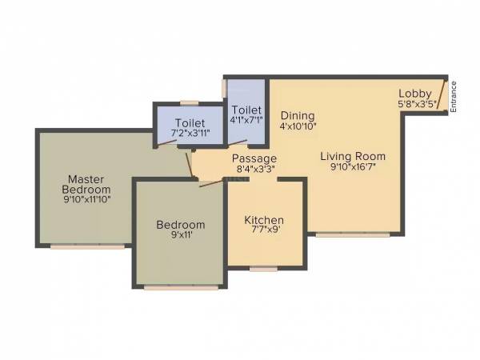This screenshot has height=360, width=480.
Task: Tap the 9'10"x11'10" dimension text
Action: click(x=87, y=200)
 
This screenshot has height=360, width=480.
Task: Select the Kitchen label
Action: click(x=264, y=220)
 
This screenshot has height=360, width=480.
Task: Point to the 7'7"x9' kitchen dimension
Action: click(x=264, y=231)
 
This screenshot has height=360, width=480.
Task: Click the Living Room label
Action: click(x=353, y=156)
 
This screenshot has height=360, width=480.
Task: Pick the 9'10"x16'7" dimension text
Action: click(x=353, y=167)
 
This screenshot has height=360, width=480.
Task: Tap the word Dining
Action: click(x=297, y=115)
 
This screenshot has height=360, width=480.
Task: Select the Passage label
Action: click(x=254, y=158)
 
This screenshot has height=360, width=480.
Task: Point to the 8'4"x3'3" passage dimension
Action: click(x=254, y=170)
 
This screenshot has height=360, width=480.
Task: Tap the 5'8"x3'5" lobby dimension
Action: click(x=417, y=103)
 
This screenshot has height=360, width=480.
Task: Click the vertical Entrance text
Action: click(x=453, y=96)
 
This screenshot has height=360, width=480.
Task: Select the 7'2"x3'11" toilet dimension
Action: click(x=190, y=136)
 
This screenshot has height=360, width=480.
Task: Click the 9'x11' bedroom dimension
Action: click(x=180, y=237)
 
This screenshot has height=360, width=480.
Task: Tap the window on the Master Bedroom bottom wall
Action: click(x=88, y=246)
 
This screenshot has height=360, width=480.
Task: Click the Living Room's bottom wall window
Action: click(x=353, y=234)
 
